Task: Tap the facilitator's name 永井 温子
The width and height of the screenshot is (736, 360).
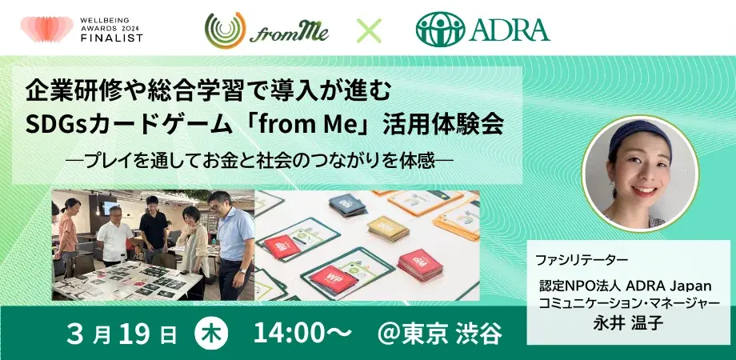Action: coord(630,324)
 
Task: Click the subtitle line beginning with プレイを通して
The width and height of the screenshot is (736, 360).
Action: coord(262,160)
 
